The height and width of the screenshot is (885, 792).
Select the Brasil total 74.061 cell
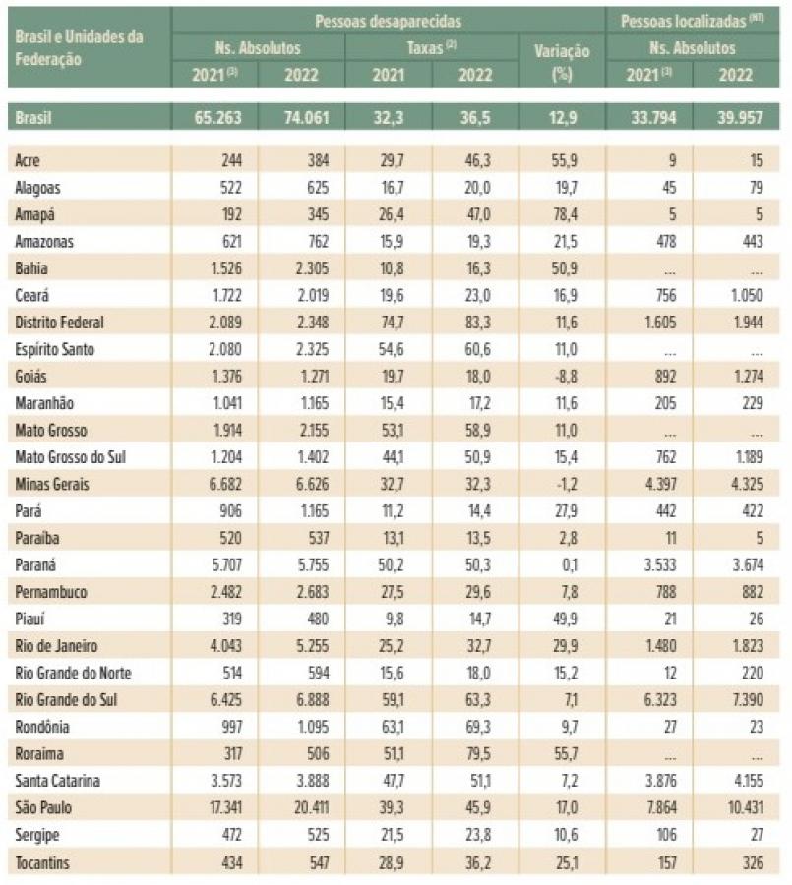coord(295,118)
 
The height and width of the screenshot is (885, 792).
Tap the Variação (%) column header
coord(561,61)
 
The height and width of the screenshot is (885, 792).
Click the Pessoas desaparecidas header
coord(388,20)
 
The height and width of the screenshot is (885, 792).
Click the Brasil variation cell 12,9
coord(567,118)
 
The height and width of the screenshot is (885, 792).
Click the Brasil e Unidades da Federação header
coord(79,47)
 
